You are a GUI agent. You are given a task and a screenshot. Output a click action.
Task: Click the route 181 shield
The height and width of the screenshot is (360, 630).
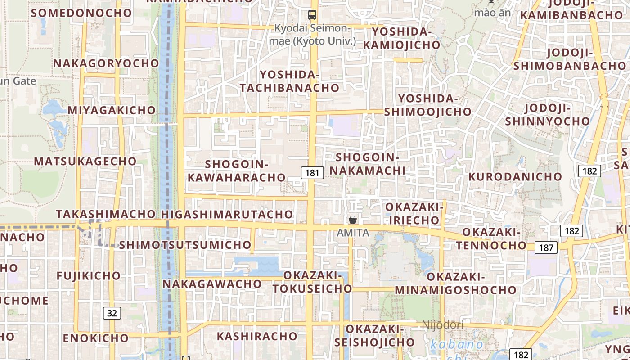coord(312,173)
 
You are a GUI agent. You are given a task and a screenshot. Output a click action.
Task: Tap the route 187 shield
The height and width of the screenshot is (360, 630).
coord(546,247)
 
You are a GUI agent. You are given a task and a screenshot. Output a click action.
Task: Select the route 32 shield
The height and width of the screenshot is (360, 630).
coord(112,313)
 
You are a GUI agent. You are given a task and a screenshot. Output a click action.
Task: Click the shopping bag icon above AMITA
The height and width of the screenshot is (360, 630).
coord(353,220)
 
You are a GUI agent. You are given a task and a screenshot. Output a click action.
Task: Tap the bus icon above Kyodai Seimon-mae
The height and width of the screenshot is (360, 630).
coord(312,14)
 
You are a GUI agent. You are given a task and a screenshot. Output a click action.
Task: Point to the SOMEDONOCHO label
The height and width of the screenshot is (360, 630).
coord(81,13)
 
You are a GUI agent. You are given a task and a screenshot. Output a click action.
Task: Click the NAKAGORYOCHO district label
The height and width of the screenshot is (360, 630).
coord(106,63)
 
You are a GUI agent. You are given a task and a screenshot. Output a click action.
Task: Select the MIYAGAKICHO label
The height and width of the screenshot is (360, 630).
coord(112,110)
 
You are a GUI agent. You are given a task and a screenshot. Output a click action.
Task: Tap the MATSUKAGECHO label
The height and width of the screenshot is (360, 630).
coord(85,161)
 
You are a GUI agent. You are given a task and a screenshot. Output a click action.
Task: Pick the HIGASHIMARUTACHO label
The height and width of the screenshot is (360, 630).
coord(227,215)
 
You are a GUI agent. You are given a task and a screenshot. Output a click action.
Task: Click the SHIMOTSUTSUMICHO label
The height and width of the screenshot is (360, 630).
coord(185,245)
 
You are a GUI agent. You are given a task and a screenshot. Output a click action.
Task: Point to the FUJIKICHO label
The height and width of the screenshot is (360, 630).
coord(89,275)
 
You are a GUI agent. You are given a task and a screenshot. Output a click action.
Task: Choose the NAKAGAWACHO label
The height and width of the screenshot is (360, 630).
coord(212,284)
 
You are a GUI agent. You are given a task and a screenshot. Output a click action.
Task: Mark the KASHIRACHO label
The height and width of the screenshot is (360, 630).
coord(257,336)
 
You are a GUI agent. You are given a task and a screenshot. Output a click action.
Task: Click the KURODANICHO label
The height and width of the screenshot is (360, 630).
coord(515,176)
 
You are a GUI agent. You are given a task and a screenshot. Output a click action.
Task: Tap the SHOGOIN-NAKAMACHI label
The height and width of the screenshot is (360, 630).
coord(368,164)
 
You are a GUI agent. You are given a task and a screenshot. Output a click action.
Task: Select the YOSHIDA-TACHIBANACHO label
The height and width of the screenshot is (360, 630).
coord(289,81)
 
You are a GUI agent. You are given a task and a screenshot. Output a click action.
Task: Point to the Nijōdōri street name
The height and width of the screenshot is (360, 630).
coord(442,324)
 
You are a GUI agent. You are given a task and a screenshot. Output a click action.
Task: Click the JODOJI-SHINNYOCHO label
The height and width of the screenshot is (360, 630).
coord(547,115)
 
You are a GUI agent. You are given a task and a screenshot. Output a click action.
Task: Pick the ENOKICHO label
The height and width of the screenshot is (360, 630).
coord(96,338)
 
